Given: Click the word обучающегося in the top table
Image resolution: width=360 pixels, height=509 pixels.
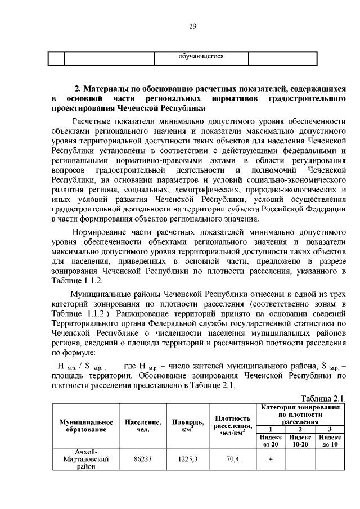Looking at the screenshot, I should (x=201, y=57).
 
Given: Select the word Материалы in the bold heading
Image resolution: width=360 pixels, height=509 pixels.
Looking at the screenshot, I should (x=110, y=89).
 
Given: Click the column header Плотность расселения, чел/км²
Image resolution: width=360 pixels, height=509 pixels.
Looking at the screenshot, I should (x=232, y=426).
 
